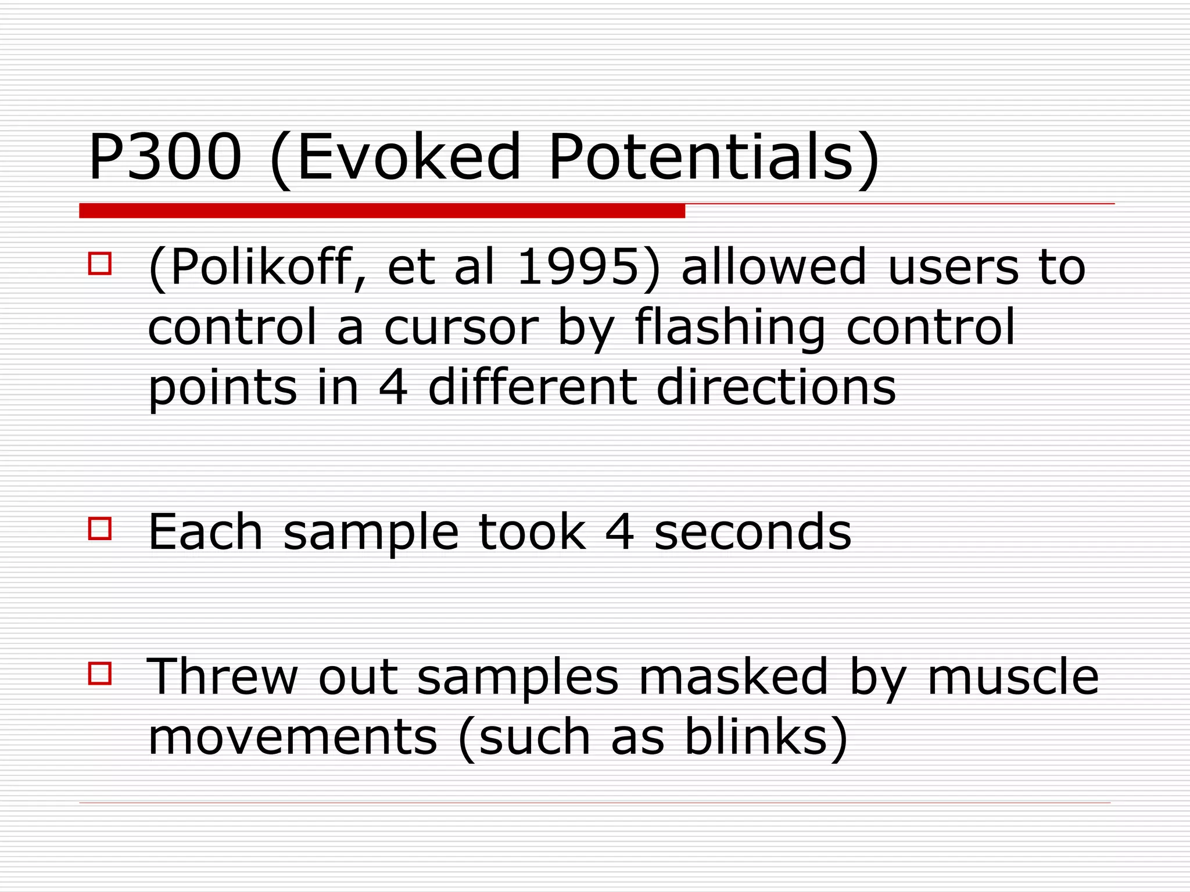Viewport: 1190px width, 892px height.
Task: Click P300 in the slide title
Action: coord(164,157)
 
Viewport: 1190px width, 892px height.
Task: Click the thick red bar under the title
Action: coord(382,211)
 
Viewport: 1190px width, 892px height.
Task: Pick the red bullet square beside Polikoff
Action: coord(99,263)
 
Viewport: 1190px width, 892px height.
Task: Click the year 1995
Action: coord(577,268)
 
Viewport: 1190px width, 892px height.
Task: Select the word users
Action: coord(954,268)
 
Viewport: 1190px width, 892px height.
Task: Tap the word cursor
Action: coord(461,328)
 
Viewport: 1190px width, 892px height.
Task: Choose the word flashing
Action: coord(730,328)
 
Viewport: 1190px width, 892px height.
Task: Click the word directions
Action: coord(776,387)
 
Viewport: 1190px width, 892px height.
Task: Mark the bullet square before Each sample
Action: coord(99,528)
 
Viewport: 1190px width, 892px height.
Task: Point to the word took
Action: coord(532,532)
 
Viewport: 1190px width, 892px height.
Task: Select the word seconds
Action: coord(753,532)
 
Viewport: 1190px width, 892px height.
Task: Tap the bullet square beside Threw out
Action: coord(99,674)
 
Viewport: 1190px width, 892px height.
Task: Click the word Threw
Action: coord(222,677)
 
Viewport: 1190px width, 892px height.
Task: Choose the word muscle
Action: coord(1013,677)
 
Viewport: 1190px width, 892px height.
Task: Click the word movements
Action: coord(292,737)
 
